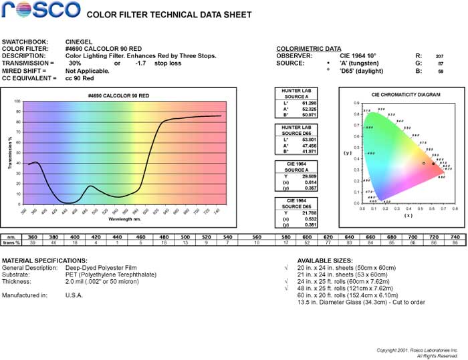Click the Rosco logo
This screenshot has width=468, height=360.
tap(41, 11)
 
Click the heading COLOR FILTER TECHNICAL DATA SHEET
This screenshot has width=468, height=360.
tap(170, 15)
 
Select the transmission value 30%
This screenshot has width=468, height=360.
tap(75, 63)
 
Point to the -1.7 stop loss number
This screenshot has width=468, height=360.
tap(140, 63)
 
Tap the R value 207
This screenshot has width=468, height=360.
tap(439, 56)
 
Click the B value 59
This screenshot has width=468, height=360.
tap(441, 71)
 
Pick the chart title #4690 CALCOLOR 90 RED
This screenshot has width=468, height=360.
tap(118, 96)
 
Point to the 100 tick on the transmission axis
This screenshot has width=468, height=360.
tap(17, 102)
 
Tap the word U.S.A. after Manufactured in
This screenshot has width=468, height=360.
tap(74, 294)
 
